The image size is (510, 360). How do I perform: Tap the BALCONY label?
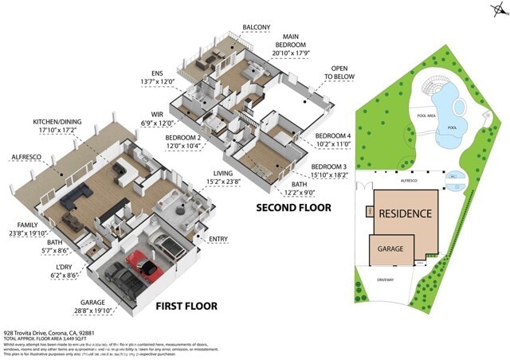[256, 28]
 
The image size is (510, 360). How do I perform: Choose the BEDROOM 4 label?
[332, 136]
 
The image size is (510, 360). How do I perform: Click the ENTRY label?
[218, 239]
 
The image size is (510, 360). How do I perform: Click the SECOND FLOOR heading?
[293, 208]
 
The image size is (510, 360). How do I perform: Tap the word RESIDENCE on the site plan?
[405, 213]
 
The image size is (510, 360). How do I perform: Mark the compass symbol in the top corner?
[498, 10]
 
